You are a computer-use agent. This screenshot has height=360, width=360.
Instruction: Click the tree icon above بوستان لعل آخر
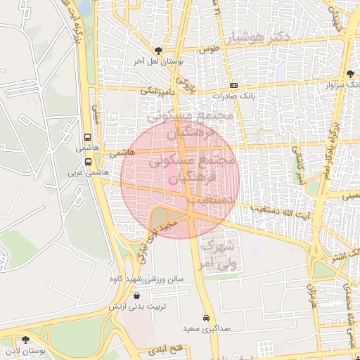pyautogui.click(x=158, y=51)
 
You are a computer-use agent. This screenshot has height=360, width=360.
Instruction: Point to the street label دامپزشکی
pyautogui.click(x=156, y=90)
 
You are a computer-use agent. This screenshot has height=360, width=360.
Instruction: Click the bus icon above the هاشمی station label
pyautogui.click(x=88, y=138)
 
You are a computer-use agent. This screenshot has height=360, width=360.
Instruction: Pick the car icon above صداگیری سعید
pyautogui.click(x=206, y=317)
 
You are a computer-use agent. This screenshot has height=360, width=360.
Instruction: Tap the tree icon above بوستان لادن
pyautogui.click(x=26, y=340)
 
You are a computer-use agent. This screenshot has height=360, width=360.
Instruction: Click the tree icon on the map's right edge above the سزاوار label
pyautogui.click(x=351, y=73)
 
